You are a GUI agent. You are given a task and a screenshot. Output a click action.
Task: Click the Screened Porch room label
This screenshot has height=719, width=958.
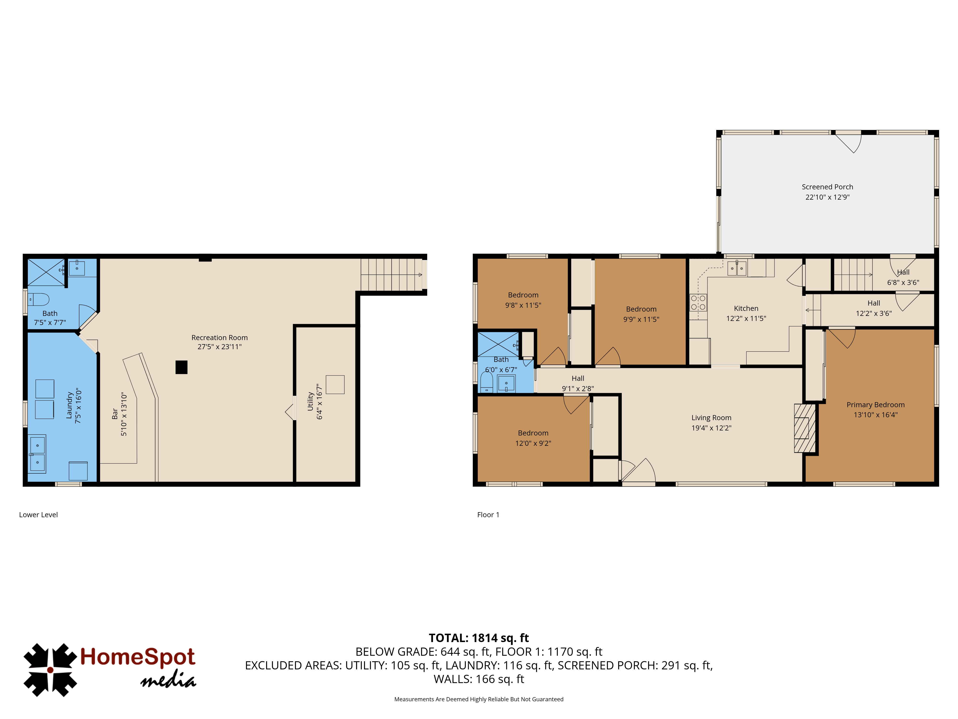point(827,187)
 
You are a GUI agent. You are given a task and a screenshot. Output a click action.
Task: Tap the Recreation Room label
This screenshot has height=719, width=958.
point(220,338)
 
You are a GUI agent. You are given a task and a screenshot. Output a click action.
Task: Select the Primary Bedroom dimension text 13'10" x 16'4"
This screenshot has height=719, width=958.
point(875,415)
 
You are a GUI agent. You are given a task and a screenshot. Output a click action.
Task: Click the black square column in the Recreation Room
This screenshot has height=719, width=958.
point(182,367)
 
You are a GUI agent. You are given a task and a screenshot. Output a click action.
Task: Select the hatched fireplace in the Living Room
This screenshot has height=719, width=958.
point(805,428)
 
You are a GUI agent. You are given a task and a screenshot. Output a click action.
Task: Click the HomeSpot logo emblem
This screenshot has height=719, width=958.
point(50,670)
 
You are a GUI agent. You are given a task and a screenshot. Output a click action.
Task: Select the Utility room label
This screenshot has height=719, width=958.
point(310,401)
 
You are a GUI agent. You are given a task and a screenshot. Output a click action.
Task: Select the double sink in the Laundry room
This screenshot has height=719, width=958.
point(37,454)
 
